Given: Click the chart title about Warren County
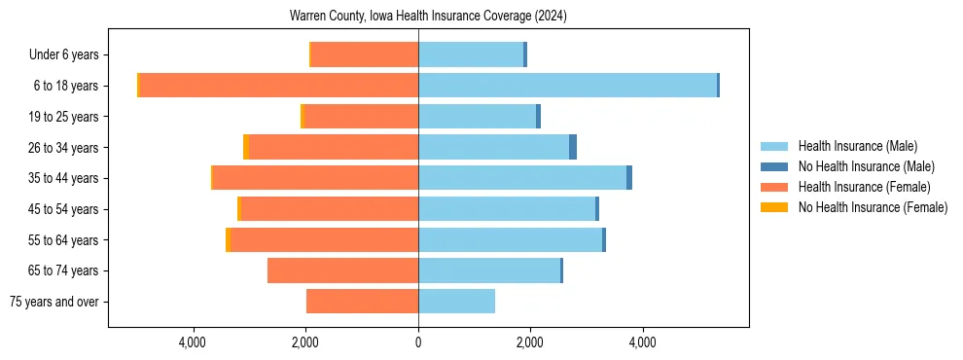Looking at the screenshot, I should (x=428, y=17).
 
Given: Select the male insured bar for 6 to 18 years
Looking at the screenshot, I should (x=567, y=86).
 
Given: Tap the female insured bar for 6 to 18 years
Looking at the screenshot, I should (x=278, y=86).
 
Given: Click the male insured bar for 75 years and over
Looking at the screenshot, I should (x=456, y=302).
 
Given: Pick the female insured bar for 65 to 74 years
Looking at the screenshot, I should (x=342, y=270).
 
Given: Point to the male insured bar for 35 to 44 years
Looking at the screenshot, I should (x=522, y=178).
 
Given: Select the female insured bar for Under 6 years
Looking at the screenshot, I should (x=365, y=54).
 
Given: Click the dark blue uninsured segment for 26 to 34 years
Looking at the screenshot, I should (x=573, y=147).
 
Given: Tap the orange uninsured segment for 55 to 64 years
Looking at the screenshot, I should (x=228, y=239).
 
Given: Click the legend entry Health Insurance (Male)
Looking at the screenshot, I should (x=857, y=146).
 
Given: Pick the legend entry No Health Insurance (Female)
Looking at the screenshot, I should (x=872, y=207).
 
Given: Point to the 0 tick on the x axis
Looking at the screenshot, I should (x=418, y=343).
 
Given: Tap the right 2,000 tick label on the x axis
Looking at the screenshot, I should (x=530, y=343).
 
